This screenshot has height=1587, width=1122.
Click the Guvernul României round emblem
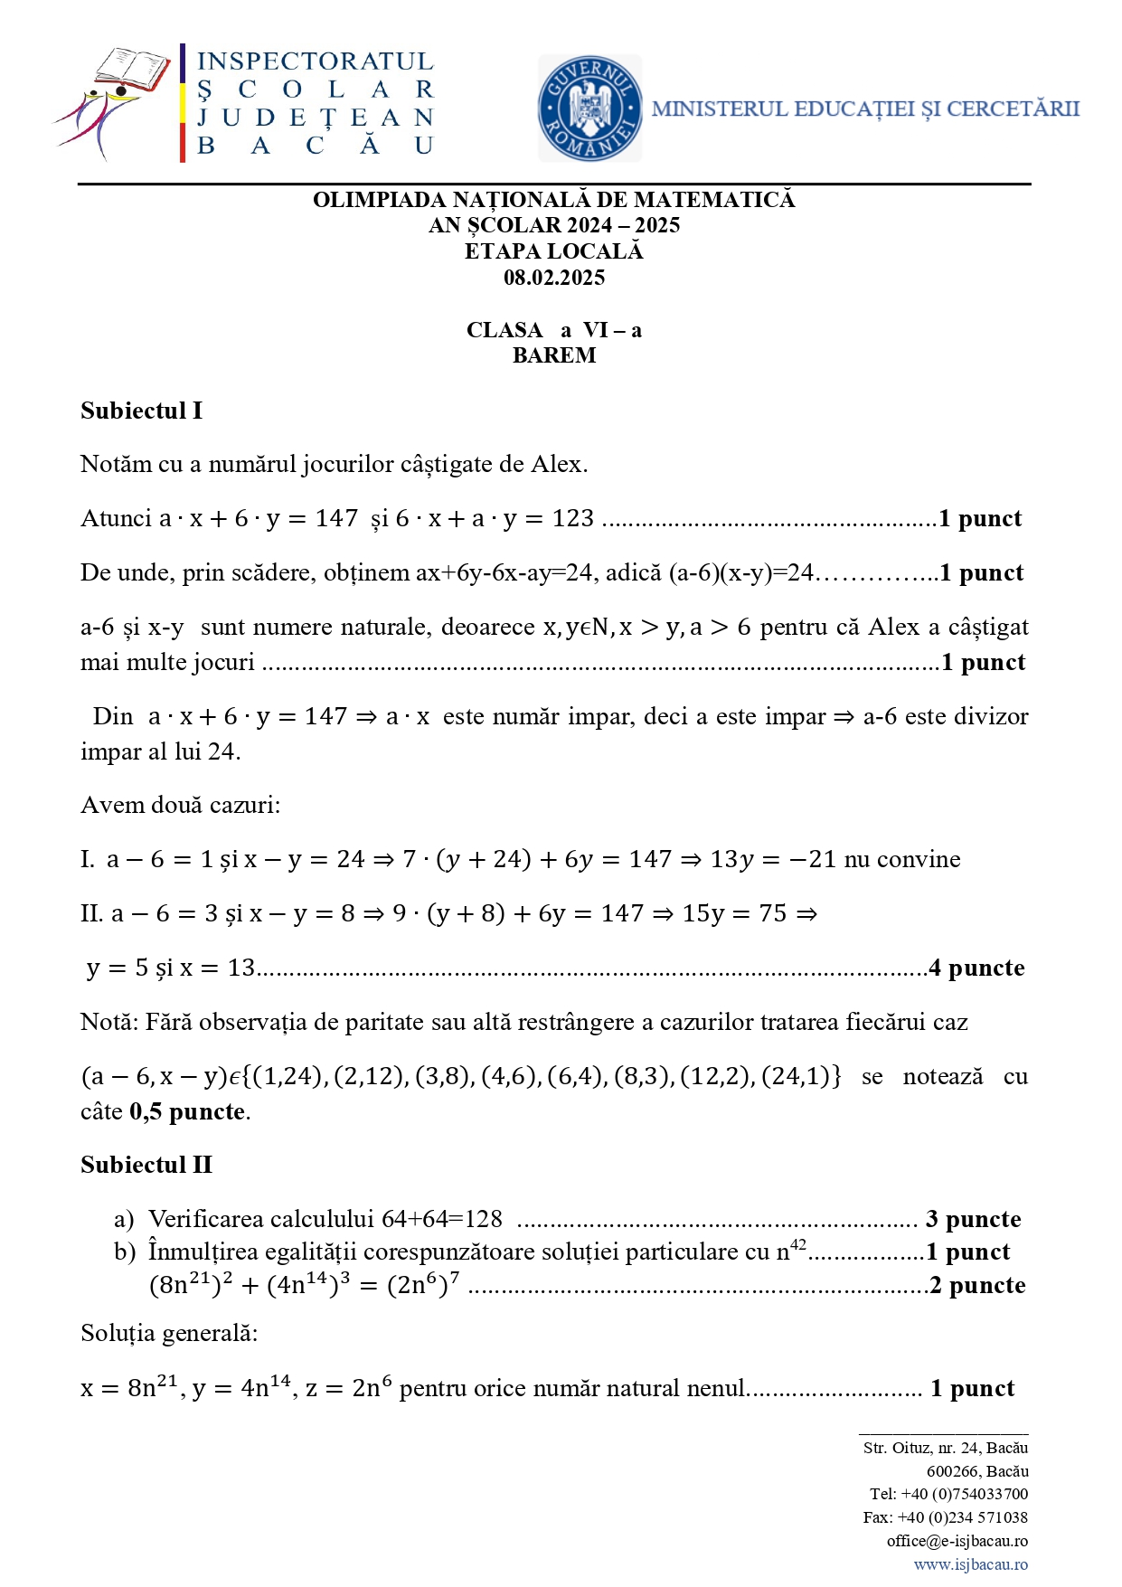[x=589, y=109]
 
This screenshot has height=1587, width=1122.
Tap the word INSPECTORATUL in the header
[x=316, y=61]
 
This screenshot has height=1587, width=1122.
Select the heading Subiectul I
[x=141, y=411]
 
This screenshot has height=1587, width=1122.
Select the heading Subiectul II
[x=146, y=1165]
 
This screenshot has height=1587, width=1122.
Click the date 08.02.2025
[x=553, y=278]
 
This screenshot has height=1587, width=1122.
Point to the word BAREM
[x=553, y=355]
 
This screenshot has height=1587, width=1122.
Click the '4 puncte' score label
[x=976, y=968]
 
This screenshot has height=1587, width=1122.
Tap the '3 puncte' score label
[x=973, y=1220]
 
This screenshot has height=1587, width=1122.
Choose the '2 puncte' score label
[x=977, y=1286]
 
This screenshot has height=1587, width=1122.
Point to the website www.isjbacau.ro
[x=970, y=1564]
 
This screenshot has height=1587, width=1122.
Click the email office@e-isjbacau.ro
[x=957, y=1541]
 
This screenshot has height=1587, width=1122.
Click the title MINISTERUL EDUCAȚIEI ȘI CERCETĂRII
[x=865, y=109]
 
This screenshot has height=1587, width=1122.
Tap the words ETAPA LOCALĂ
[x=553, y=251]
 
